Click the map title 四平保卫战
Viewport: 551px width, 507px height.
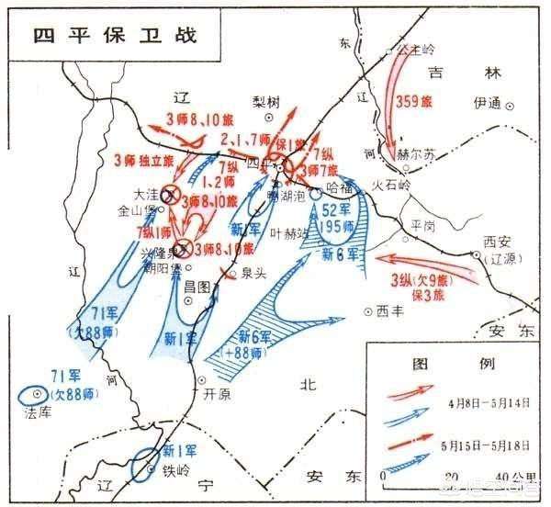[115, 35]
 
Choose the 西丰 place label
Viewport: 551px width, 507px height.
[389, 310]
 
